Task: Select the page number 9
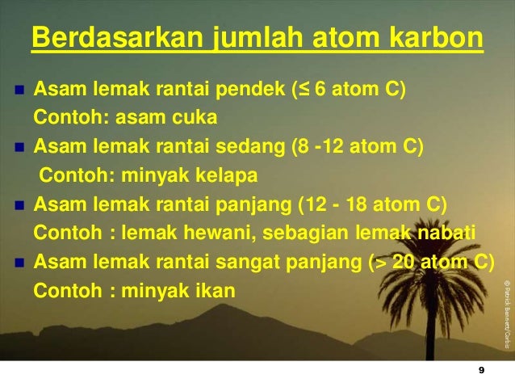point(481,370)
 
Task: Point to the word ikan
point(214,289)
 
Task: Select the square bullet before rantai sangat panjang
point(18,262)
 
